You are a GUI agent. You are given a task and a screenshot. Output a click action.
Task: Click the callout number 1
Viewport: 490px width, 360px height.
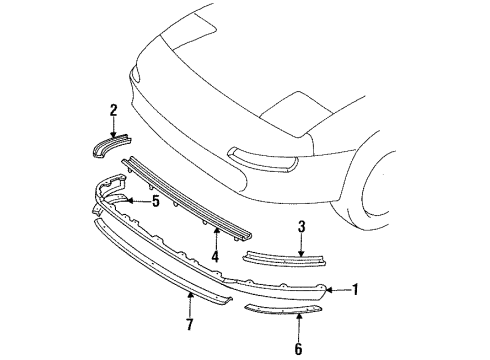(x=355, y=291)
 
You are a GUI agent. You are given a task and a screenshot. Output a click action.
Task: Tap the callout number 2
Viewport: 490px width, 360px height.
(x=114, y=110)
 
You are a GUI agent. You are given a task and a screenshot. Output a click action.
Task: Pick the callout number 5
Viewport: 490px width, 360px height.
(x=155, y=201)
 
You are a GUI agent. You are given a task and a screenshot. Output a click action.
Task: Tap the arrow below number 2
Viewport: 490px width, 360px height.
(x=114, y=127)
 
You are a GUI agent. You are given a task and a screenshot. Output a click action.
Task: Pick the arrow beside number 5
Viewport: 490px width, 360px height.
(x=141, y=201)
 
